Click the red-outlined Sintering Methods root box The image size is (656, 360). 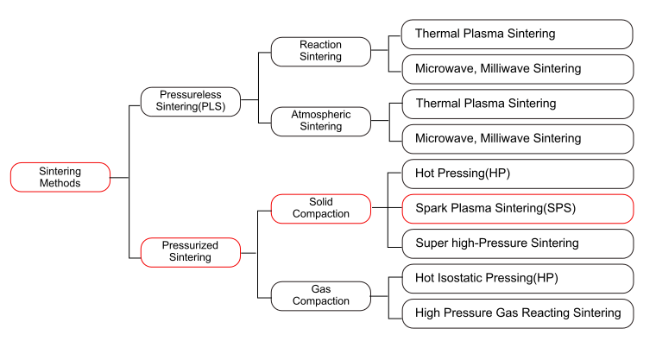click(x=60, y=177)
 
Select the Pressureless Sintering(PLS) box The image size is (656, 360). click(x=190, y=101)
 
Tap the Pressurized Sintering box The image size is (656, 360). click(x=190, y=252)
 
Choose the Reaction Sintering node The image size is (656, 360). click(x=320, y=50)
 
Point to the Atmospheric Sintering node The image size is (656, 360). click(x=320, y=120)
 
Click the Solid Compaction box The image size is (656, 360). click(x=320, y=207)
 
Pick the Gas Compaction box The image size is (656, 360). click(x=320, y=294)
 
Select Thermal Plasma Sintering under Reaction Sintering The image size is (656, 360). click(x=517, y=34)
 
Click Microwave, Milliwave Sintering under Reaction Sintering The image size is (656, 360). click(x=517, y=68)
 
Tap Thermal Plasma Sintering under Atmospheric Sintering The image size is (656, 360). click(x=517, y=104)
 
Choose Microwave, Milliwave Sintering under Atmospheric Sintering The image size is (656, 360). click(x=517, y=138)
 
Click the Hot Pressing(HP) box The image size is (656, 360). click(x=517, y=174)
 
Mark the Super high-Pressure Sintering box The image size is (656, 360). click(x=517, y=243)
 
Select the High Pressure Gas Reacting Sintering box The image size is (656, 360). click(x=517, y=313)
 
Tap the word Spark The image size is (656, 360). click(x=432, y=208)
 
